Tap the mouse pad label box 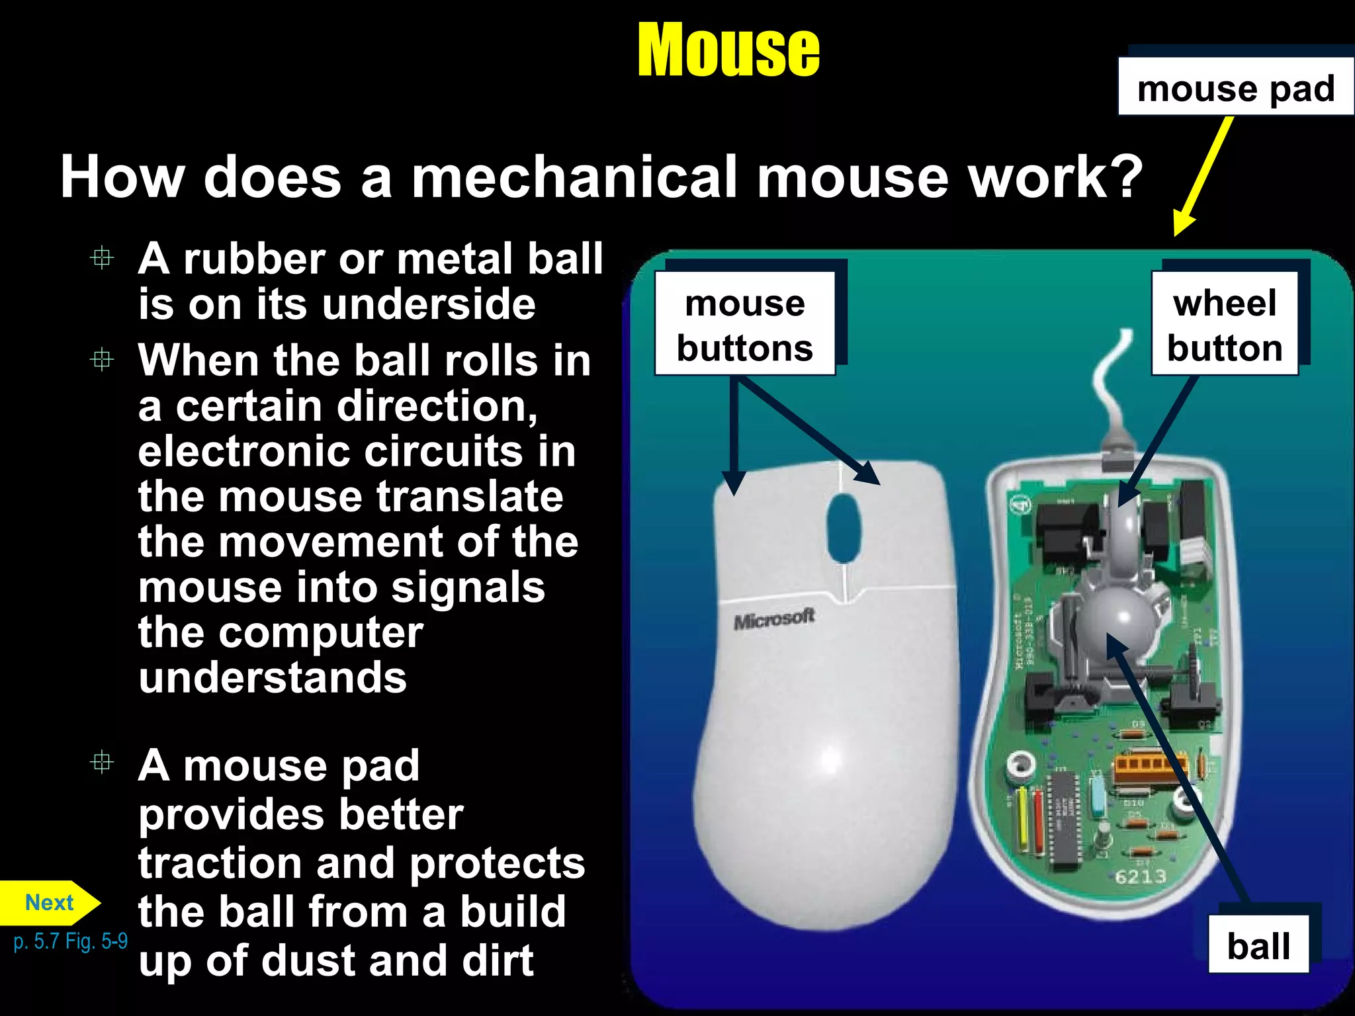(x=1235, y=87)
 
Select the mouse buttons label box (x=744, y=324)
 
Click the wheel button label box (x=1224, y=324)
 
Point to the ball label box (x=1258, y=945)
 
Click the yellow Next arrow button (x=49, y=903)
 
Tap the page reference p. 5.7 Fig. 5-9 (x=70, y=941)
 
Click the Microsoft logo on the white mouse (x=774, y=620)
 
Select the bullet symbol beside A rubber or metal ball (x=102, y=257)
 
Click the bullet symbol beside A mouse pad (x=102, y=763)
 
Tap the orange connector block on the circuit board (x=1150, y=767)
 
